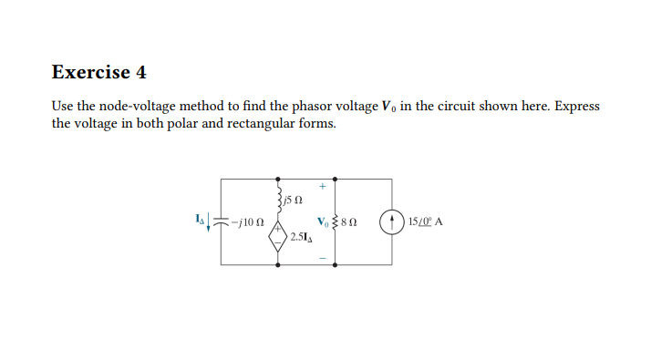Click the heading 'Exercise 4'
[x=98, y=72]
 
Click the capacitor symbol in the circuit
[x=222, y=221]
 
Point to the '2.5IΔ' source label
[x=302, y=238]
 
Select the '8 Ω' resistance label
[x=351, y=221]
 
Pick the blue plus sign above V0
[x=322, y=187]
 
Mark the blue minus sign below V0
[x=322, y=256]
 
